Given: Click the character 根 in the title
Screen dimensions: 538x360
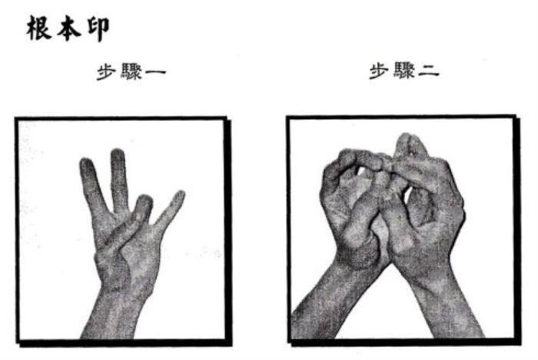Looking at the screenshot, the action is coord(39,28).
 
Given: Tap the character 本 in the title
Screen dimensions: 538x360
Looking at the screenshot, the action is coord(69,28).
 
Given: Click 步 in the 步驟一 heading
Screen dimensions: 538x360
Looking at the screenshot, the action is coord(106,72).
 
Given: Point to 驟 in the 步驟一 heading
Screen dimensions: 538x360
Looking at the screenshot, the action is coord(131,72).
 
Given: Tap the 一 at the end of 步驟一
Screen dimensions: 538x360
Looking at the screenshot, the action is coord(155,72).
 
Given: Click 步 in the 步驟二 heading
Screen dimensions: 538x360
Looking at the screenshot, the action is coord(379,71).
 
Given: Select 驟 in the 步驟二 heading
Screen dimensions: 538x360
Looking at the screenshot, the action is coord(403,71).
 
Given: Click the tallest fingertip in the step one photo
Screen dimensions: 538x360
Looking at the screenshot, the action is coord(118,153).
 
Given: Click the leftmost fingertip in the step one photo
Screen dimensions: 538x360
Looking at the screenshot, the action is coord(86,162).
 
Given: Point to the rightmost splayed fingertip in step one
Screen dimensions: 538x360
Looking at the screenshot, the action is coord(180,195).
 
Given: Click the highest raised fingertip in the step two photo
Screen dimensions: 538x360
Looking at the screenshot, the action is coord(409,138).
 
